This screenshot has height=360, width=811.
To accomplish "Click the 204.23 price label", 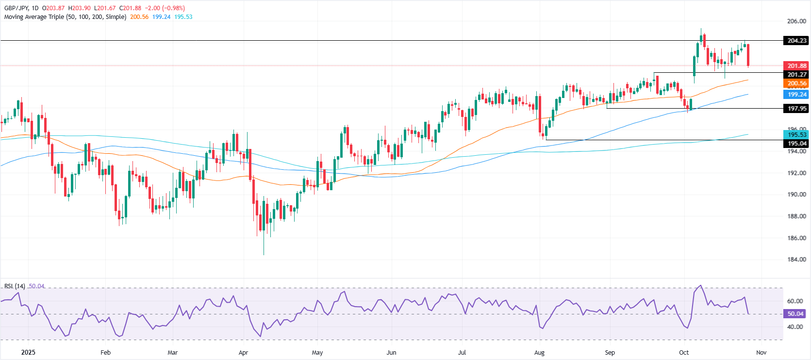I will tap(796, 41).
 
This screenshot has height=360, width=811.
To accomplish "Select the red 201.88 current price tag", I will tap(796, 66).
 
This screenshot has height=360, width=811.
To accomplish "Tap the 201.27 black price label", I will tap(796, 75).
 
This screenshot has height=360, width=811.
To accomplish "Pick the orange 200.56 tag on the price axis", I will tap(796, 83).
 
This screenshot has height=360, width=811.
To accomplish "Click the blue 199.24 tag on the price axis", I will tap(796, 95).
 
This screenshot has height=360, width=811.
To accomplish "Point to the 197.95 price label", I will tap(796, 109).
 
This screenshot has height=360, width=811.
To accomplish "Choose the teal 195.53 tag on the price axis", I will tap(796, 135).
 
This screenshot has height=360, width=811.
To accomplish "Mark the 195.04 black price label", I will tap(796, 144).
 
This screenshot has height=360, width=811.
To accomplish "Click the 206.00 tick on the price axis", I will tap(796, 21).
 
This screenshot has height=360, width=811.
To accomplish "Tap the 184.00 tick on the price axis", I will tap(796, 260).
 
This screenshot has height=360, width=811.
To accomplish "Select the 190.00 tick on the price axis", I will tap(796, 195).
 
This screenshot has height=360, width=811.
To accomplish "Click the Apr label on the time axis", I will tap(243, 353).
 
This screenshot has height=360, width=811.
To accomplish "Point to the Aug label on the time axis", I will tap(539, 353).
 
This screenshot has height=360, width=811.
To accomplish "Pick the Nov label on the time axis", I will tap(761, 353).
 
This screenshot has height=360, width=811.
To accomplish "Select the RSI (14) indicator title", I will tap(15, 286).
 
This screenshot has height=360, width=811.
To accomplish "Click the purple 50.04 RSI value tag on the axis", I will tap(795, 314).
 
